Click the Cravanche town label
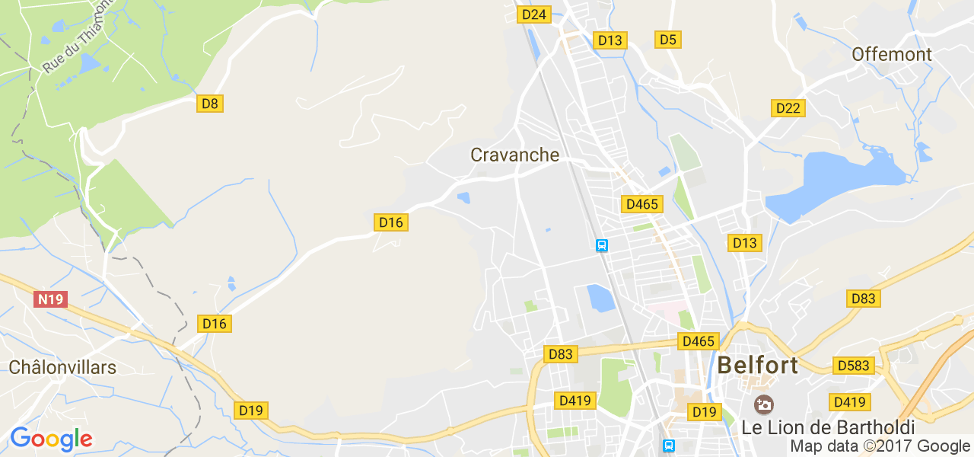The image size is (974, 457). tap(514, 155)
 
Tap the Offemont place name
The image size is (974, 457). tap(892, 54)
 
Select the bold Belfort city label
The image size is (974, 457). tap(758, 365)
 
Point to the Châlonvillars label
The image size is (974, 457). tap(62, 368)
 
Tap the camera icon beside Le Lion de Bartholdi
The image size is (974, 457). tap(763, 404)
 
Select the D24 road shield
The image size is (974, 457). tap(534, 14)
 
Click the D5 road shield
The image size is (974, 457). tap(668, 40)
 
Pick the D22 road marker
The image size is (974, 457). tap(788, 108)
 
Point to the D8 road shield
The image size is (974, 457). tap(210, 104)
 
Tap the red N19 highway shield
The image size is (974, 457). tap(51, 299)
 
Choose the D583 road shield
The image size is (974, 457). tap(853, 366)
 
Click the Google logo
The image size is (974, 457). tap(51, 439)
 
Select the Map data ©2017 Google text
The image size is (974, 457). tap(879, 446)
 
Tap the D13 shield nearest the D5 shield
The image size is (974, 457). tap(610, 40)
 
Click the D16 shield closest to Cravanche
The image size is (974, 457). tap(391, 222)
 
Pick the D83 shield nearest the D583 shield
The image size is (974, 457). tap(863, 299)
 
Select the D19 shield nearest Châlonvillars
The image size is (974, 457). tap(250, 411)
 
